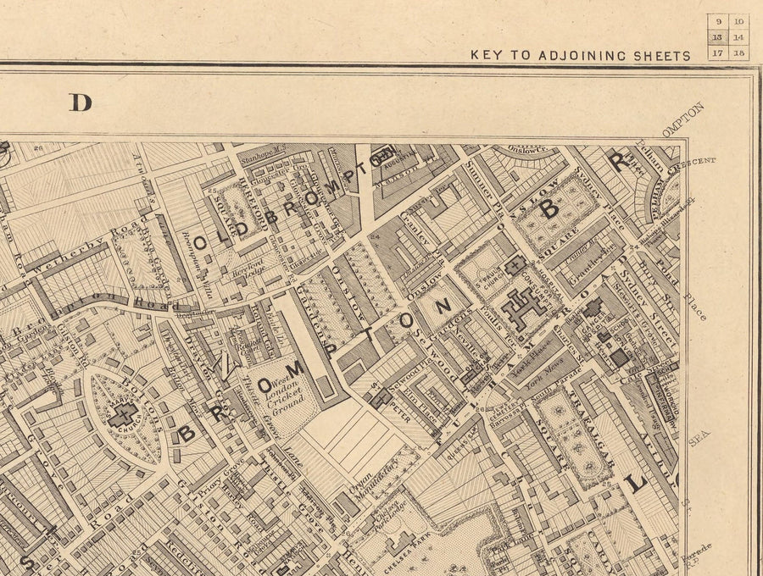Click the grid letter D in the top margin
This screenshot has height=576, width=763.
[x=81, y=102]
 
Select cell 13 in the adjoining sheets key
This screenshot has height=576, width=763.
[x=717, y=36]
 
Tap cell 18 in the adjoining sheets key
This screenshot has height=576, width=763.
[x=738, y=53]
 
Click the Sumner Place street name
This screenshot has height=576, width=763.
[x=480, y=182]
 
